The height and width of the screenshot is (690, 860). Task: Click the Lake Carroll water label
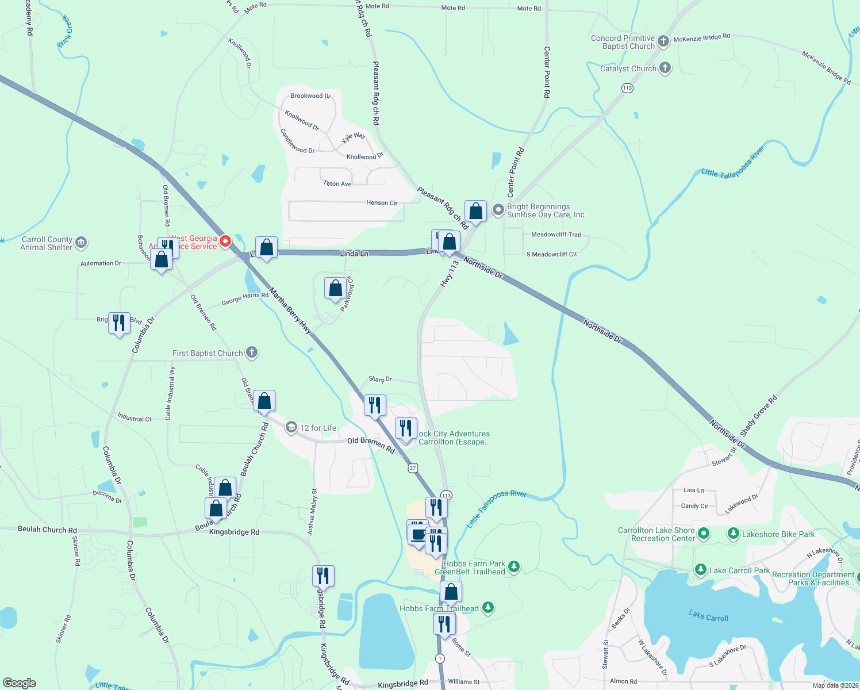(708, 617)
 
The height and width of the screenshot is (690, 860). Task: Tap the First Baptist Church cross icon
(252, 352)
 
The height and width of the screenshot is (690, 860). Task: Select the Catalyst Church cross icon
(665, 68)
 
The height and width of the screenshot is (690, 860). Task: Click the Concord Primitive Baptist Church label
(623, 42)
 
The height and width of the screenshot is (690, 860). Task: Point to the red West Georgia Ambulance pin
(226, 241)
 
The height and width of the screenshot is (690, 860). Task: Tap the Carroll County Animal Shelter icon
(81, 243)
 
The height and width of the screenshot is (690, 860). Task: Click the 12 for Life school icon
(291, 427)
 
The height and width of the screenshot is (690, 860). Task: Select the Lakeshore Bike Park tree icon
(733, 534)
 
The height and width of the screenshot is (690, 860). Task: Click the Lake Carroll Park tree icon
(700, 570)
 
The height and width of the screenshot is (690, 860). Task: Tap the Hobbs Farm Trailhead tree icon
(487, 607)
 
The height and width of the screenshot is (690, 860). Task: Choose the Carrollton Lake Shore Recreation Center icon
(703, 534)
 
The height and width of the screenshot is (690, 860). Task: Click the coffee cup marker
(419, 534)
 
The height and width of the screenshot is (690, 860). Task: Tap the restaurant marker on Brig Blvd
(119, 323)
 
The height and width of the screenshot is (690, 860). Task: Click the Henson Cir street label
(382, 203)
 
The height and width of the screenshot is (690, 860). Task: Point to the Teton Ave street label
(337, 184)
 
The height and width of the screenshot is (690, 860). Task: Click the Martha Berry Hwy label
(290, 312)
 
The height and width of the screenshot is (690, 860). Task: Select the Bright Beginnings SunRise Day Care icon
(498, 210)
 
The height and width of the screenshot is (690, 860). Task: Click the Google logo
(20, 683)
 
